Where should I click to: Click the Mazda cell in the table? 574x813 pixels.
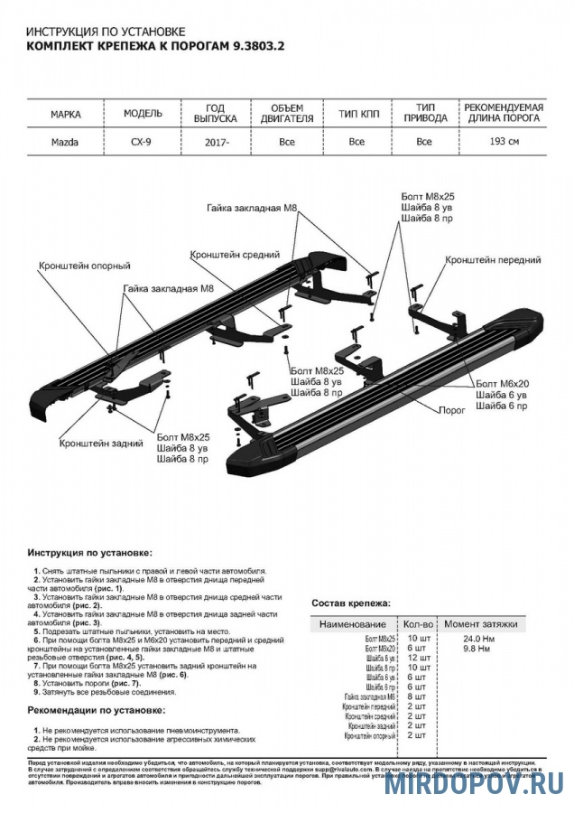pyautogui.click(x=64, y=142)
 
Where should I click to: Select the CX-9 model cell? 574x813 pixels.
pyautogui.click(x=143, y=142)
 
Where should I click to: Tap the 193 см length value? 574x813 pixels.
pyautogui.click(x=504, y=142)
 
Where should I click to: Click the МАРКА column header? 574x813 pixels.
pyautogui.click(x=64, y=115)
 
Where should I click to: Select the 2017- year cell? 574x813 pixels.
pyautogui.click(x=216, y=142)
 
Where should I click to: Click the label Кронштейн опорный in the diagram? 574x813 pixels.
pyautogui.click(x=84, y=266)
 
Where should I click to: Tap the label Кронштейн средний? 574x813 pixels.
pyautogui.click(x=234, y=256)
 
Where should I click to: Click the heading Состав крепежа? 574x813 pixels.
pyautogui.click(x=351, y=602)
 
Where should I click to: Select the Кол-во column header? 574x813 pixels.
pyautogui.click(x=418, y=624)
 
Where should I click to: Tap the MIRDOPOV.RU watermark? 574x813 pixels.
pyautogui.click(x=475, y=783)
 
